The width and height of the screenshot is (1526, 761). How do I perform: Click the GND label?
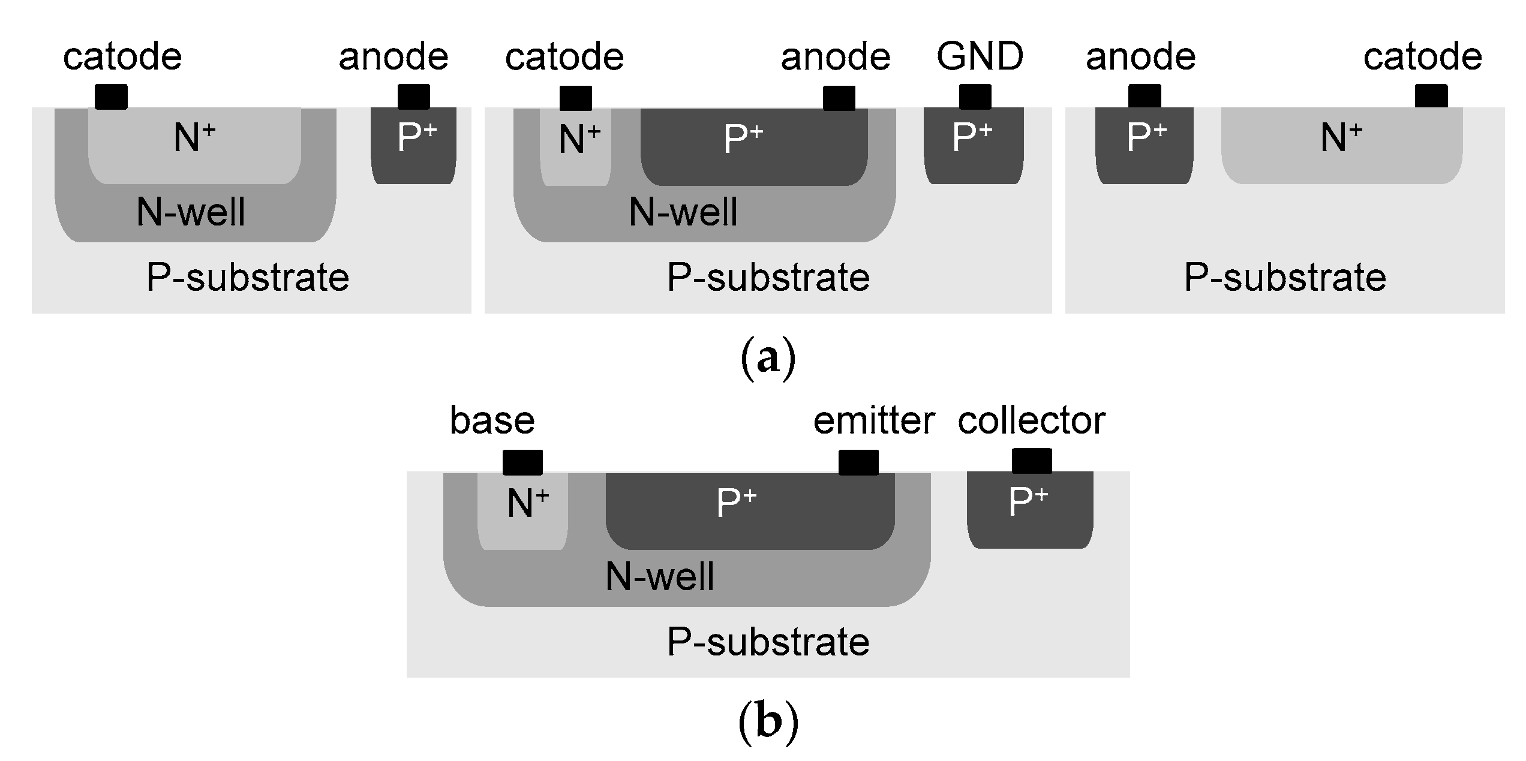click(980, 56)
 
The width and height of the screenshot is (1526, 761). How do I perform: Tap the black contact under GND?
click(975, 97)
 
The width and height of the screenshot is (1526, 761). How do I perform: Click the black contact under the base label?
click(522, 462)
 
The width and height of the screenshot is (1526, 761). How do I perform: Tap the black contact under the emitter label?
click(858, 462)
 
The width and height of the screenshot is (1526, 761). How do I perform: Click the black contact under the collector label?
click(1032, 461)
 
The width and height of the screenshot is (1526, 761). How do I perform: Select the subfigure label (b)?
click(768, 721)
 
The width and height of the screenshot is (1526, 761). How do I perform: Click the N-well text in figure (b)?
click(660, 577)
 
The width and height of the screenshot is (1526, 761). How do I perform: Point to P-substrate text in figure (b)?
click(768, 642)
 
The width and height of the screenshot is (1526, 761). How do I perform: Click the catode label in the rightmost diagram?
click(1422, 57)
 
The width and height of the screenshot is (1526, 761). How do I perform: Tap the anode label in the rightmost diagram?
click(1140, 57)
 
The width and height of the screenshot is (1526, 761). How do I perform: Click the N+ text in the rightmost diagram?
click(1341, 138)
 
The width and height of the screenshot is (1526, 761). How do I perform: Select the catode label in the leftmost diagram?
click(122, 57)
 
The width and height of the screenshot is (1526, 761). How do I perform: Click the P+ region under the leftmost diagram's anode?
click(414, 144)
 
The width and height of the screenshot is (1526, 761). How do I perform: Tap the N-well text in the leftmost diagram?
click(191, 212)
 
